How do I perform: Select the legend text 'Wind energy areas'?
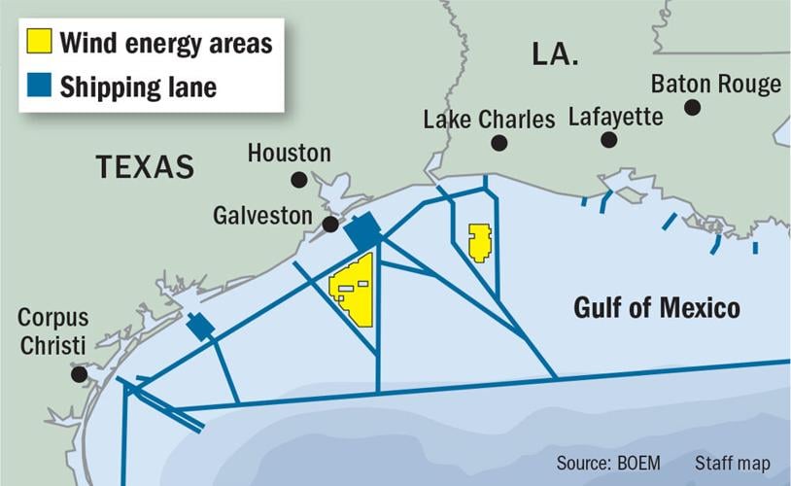(x=165, y=43)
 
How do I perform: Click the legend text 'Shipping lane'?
(x=138, y=87)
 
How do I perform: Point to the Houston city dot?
(x=299, y=179)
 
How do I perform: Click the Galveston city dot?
(x=330, y=225)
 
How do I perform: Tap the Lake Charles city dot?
(x=499, y=143)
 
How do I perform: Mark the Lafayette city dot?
(x=608, y=140)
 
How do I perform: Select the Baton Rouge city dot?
(x=692, y=107)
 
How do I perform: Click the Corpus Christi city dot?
(x=79, y=374)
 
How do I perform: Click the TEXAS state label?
(x=145, y=167)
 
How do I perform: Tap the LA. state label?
(x=557, y=54)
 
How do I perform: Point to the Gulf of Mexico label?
(x=656, y=309)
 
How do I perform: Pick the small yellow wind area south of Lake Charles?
(x=479, y=242)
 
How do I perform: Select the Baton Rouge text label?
(x=716, y=84)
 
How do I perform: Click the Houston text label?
(x=289, y=153)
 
